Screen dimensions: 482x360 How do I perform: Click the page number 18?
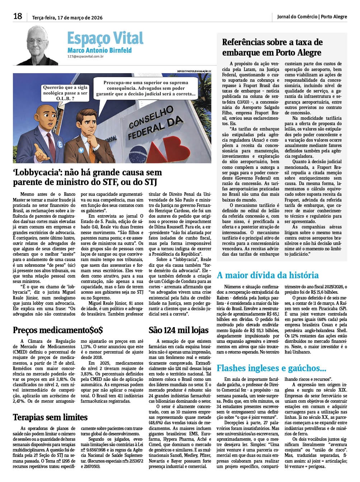[x=18, y=16]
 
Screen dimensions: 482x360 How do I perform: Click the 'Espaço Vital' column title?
[x=105, y=38]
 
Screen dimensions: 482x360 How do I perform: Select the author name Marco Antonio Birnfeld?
[x=99, y=50]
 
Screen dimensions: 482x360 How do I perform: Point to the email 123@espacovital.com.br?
[x=85, y=56]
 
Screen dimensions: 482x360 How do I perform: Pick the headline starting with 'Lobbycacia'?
[x=87, y=177]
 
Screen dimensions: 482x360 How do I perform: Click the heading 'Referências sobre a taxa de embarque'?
[x=272, y=47]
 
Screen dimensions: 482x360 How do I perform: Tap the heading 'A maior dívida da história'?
[x=267, y=275]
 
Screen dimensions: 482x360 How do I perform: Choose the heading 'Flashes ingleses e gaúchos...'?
[x=271, y=368]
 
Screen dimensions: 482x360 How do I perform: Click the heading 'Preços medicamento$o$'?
[x=58, y=330]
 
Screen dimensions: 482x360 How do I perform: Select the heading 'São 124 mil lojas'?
[x=178, y=330]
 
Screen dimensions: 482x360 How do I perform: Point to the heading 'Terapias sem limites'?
[x=50, y=417]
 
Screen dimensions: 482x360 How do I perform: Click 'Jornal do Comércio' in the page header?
[x=297, y=16]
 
